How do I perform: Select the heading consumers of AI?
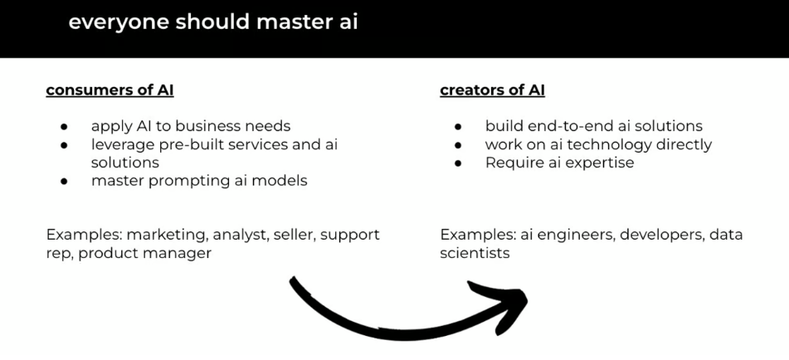point(110,90)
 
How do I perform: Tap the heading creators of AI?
point(492,90)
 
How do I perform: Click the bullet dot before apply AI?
point(64,127)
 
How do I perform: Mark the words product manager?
point(145,253)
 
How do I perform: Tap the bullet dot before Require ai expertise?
point(458,163)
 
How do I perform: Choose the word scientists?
point(475,253)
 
